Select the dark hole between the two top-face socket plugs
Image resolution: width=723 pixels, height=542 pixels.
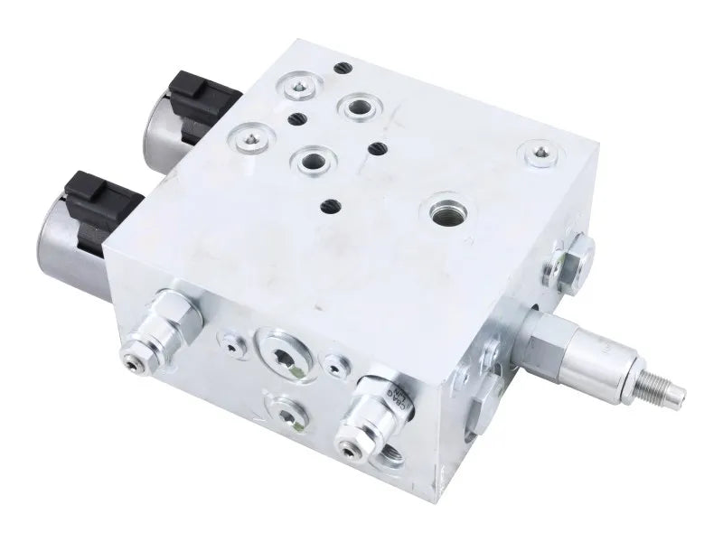pos(293,117)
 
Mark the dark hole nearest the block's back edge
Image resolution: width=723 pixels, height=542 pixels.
pos(340,68)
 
